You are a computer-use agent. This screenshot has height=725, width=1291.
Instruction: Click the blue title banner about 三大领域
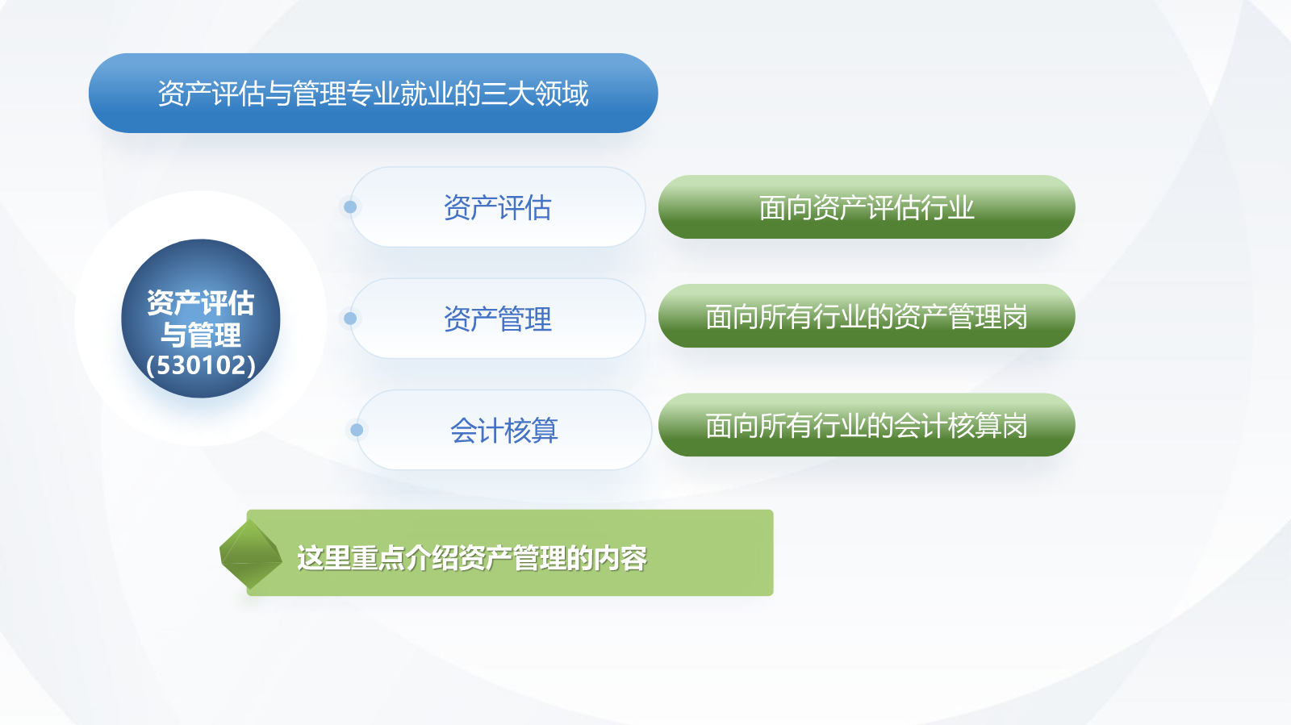[373, 94]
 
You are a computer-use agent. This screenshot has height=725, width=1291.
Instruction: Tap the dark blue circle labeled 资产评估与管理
[201, 319]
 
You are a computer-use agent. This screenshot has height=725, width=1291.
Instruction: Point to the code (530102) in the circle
[201, 365]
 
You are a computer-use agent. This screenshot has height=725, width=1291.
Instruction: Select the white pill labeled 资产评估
[497, 207]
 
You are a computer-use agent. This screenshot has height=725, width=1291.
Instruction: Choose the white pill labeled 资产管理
[497, 319]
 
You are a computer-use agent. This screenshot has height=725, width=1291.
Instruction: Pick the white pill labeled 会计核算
[504, 430]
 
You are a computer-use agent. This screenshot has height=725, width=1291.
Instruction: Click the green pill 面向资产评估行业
[867, 206]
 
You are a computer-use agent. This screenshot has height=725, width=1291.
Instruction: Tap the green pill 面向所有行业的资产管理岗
[867, 316]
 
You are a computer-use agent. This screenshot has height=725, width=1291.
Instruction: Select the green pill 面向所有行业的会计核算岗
[867, 425]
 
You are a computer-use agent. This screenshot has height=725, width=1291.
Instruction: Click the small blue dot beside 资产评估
[350, 207]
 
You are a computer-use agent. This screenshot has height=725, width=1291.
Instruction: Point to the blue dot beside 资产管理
[350, 319]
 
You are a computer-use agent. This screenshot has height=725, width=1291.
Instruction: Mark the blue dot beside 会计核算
[357, 430]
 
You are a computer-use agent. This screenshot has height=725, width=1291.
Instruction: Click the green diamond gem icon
[251, 554]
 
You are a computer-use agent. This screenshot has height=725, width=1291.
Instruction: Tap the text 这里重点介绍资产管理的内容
[472, 558]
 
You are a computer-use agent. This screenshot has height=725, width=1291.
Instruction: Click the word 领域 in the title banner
[562, 94]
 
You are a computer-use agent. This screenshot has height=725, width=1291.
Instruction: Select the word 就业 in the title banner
[427, 94]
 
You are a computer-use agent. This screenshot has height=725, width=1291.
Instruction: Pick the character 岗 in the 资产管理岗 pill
[1014, 317]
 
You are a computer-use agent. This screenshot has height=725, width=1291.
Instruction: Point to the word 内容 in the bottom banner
[620, 558]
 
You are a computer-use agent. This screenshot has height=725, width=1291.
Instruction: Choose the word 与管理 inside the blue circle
[201, 335]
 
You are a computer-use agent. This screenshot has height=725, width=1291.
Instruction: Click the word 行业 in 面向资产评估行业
[947, 207]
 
